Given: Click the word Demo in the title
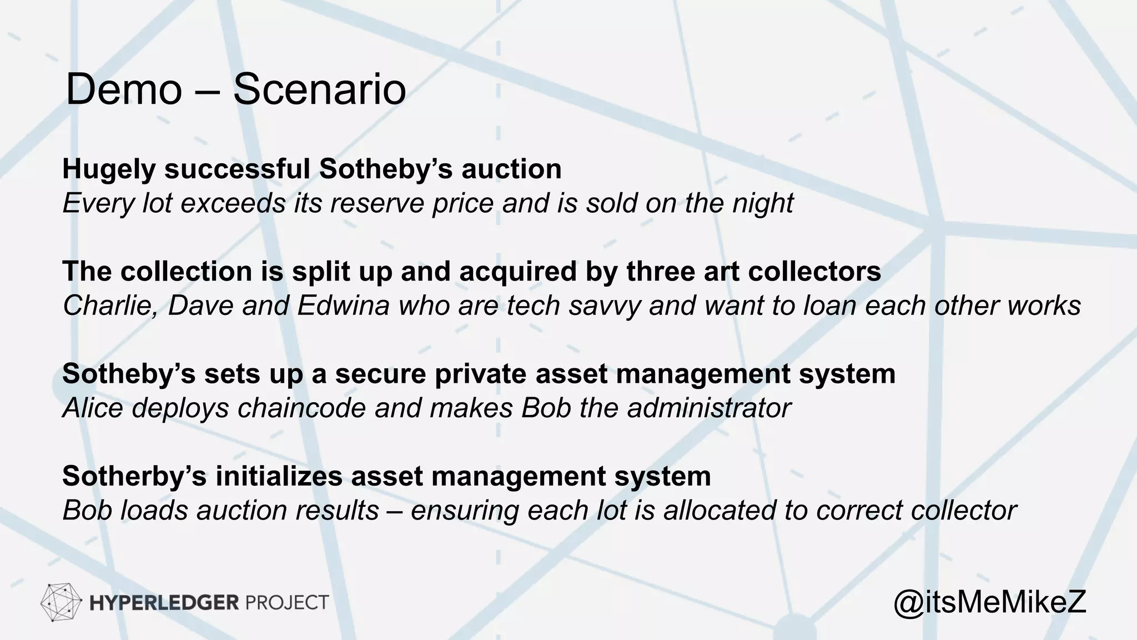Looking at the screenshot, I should pyautogui.click(x=124, y=90).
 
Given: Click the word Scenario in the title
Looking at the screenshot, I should pyautogui.click(x=319, y=90).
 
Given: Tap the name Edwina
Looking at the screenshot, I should pyautogui.click(x=344, y=306).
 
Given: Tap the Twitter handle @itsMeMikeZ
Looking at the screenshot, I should pyautogui.click(x=989, y=602).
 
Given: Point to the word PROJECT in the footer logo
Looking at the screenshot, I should pyautogui.click(x=286, y=603).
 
